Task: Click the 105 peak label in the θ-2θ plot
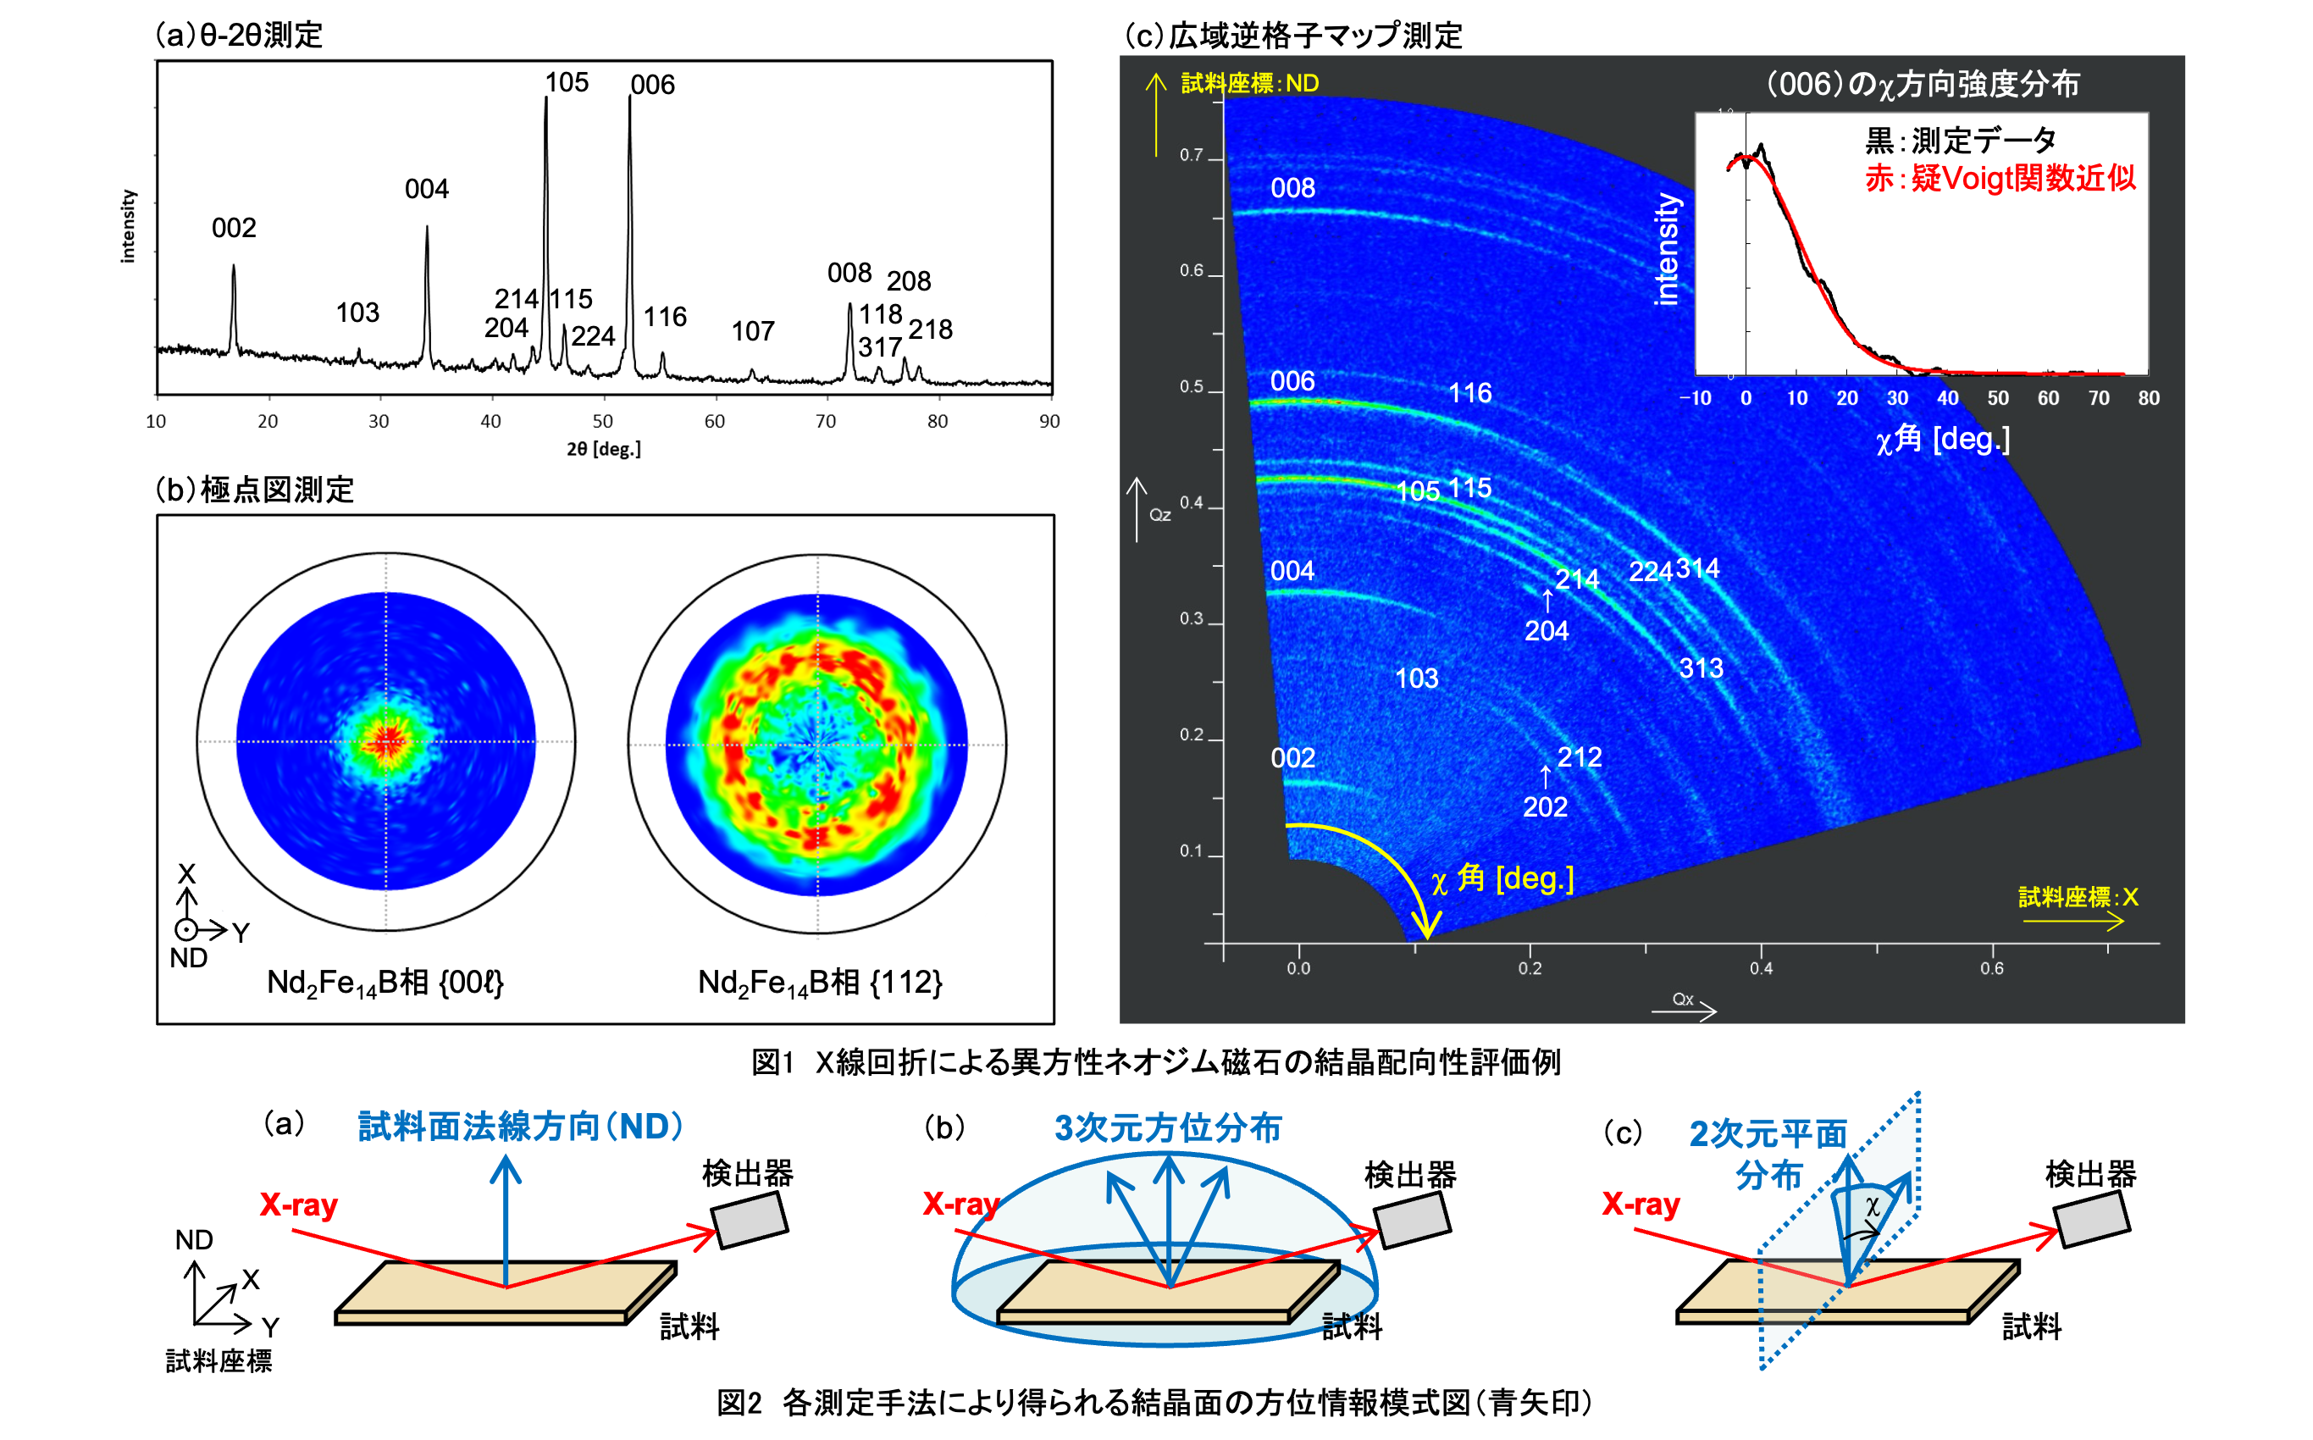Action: pyautogui.click(x=567, y=83)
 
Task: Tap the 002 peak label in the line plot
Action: pyautogui.click(x=233, y=228)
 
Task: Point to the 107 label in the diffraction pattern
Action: pyautogui.click(x=752, y=331)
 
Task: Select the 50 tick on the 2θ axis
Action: pyautogui.click(x=603, y=421)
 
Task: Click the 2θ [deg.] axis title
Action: pyautogui.click(x=604, y=449)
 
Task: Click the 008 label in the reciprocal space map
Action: pyautogui.click(x=1292, y=189)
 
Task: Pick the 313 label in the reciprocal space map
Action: pyautogui.click(x=1701, y=668)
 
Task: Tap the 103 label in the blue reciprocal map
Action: pyautogui.click(x=1416, y=678)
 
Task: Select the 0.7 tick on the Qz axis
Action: pyautogui.click(x=1192, y=155)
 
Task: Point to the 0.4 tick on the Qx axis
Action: pyautogui.click(x=1761, y=968)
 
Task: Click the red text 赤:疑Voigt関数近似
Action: pyautogui.click(x=2000, y=178)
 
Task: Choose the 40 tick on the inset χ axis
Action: pyautogui.click(x=1947, y=398)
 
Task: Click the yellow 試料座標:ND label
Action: pyautogui.click(x=1249, y=84)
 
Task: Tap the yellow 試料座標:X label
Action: pyautogui.click(x=2078, y=897)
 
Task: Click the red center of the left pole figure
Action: pyautogui.click(x=386, y=741)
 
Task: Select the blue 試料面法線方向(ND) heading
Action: pyautogui.click(x=520, y=1127)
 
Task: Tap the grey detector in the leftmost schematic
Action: pyautogui.click(x=750, y=1219)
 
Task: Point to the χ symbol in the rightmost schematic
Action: pyautogui.click(x=1872, y=1207)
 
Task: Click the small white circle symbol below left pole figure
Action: pyautogui.click(x=186, y=929)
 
